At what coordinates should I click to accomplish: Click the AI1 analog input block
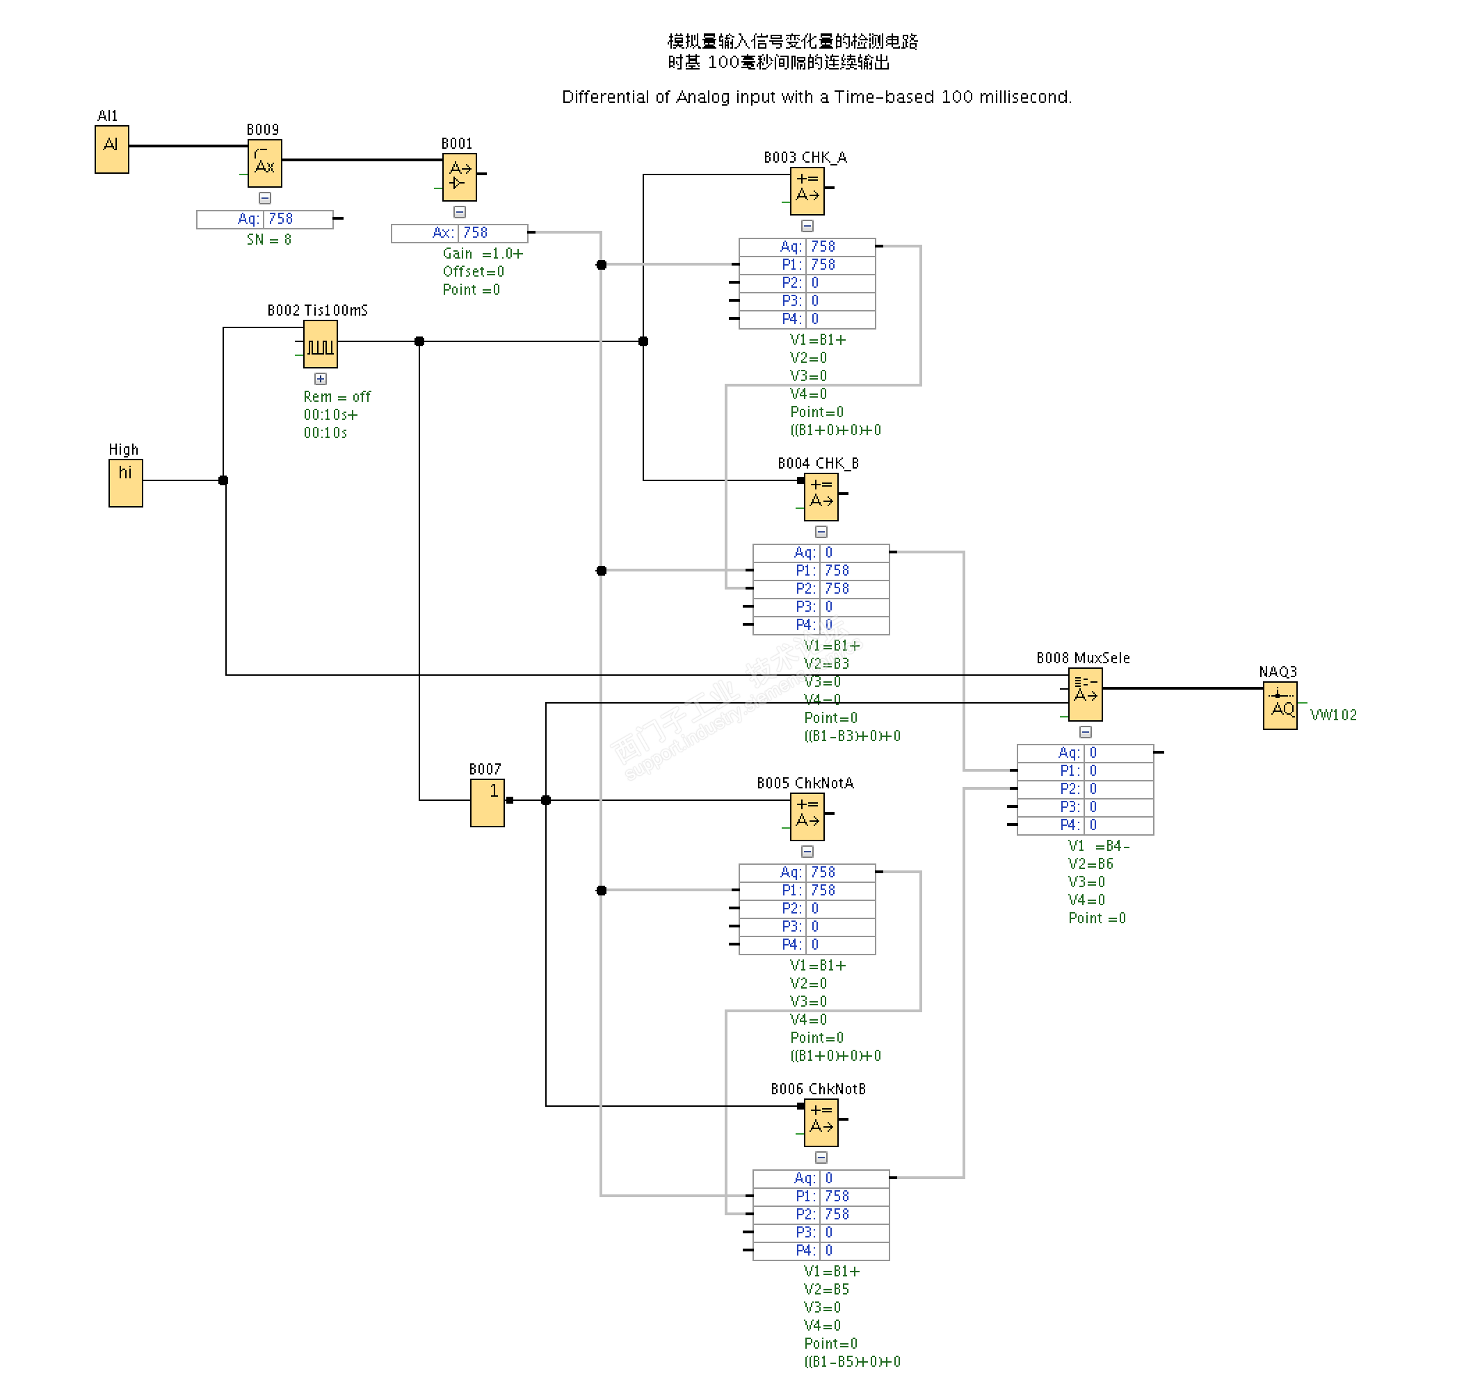[112, 149]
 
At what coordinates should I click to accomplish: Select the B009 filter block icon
[264, 163]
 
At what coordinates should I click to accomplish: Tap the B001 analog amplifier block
[459, 177]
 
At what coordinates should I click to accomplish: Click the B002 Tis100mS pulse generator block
[320, 344]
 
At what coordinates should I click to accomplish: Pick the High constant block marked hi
[125, 483]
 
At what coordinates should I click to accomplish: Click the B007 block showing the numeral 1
[487, 802]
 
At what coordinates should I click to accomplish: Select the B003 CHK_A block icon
[807, 190]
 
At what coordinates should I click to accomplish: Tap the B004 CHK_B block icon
[821, 496]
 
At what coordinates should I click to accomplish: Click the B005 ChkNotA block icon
[807, 816]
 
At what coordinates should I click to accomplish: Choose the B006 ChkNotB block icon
[821, 1122]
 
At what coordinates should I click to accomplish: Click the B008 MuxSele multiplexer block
[1085, 695]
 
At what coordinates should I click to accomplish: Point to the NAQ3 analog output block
[1280, 706]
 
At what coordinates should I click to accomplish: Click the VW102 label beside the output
[1333, 715]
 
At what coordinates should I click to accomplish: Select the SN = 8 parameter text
[268, 240]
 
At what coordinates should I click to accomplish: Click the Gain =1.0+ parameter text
[483, 254]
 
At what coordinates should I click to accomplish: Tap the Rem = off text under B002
[337, 397]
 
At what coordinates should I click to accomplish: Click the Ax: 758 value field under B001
[459, 233]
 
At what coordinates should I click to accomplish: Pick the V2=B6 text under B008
[1090, 864]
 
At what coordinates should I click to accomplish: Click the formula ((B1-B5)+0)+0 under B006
[851, 1362]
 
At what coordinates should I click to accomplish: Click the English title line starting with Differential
[816, 97]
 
